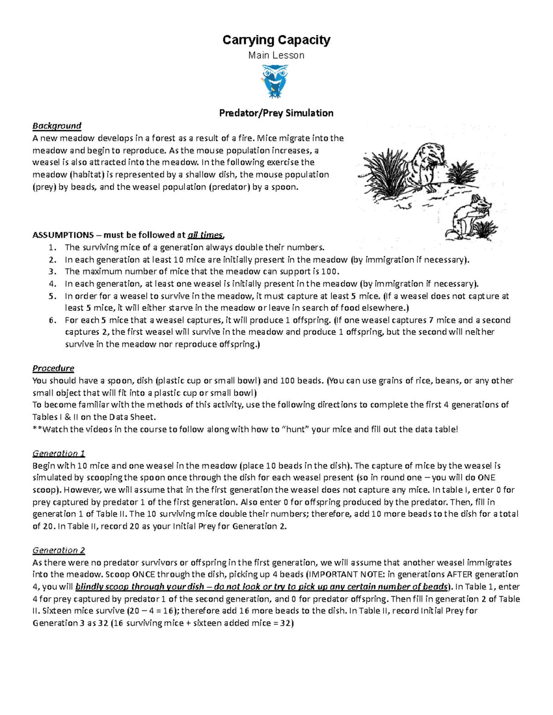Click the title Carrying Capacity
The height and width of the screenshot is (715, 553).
click(276, 40)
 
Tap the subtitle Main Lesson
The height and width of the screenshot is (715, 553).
click(276, 55)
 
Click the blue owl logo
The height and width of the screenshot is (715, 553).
click(275, 81)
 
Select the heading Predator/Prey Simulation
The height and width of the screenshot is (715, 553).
click(276, 113)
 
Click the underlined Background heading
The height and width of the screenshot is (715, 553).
click(57, 126)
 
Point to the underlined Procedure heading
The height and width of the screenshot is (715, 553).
click(53, 368)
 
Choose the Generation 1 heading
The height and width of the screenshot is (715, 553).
click(59, 453)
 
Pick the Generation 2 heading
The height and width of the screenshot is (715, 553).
click(59, 550)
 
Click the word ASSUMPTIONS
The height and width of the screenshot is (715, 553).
click(63, 235)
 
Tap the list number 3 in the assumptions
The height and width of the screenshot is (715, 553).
click(52, 271)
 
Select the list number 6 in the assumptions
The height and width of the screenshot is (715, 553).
click(52, 320)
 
